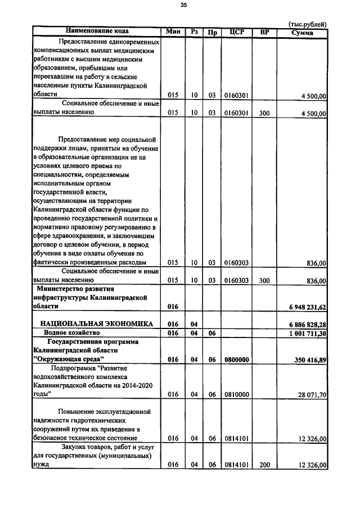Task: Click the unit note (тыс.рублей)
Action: coord(307,24)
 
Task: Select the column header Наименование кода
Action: coord(97,31)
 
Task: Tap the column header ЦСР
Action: coord(237,31)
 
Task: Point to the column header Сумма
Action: coord(303,32)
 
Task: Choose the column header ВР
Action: coord(265,31)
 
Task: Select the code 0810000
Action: coord(237,395)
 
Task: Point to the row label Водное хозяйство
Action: coord(70,334)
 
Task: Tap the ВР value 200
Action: coord(265,466)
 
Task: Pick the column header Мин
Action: coord(173,31)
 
